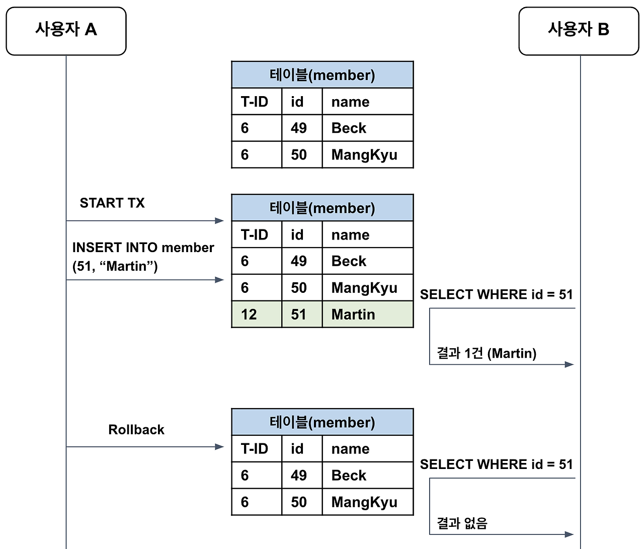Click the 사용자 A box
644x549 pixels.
click(x=66, y=31)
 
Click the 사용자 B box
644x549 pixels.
click(x=579, y=31)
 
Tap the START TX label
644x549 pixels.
click(x=112, y=203)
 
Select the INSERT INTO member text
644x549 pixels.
click(x=143, y=248)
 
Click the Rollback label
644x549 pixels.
click(x=136, y=430)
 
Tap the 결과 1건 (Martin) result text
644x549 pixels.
click(x=486, y=353)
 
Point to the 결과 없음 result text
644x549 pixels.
click(x=462, y=523)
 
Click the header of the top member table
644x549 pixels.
click(x=322, y=75)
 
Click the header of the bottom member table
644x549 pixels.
click(x=322, y=422)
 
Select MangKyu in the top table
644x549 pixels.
click(x=364, y=155)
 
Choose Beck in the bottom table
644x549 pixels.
click(x=349, y=476)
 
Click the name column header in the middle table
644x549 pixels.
click(x=351, y=235)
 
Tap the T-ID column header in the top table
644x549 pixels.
click(x=255, y=102)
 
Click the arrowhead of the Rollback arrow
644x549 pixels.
click(x=219, y=447)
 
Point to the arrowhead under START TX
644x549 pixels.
click(x=219, y=220)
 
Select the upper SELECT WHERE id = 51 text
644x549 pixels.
click(x=496, y=294)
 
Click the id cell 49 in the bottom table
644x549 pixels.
click(x=299, y=476)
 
